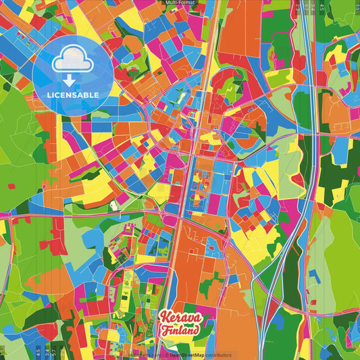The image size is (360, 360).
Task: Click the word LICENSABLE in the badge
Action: (74, 95)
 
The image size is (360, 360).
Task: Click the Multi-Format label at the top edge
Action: (180, 3)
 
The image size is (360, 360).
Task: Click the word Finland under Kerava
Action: (180, 330)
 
